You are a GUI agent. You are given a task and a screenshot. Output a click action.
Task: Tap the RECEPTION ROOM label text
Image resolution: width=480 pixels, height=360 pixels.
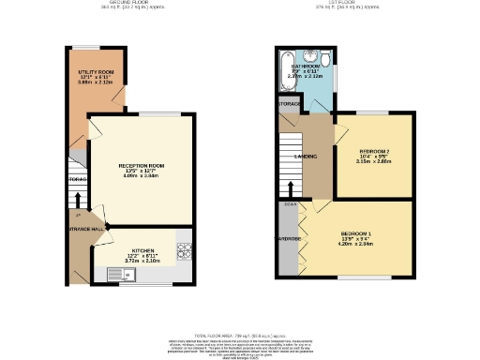point(140,166)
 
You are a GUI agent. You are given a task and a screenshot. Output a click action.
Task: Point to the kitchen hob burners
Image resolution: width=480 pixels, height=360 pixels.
point(183,249)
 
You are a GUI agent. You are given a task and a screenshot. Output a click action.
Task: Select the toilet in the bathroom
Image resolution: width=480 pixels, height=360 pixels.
point(324,62)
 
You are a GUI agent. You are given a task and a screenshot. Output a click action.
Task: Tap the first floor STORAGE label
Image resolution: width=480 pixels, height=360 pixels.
point(287,102)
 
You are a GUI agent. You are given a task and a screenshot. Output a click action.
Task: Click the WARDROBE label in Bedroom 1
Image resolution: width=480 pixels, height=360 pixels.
point(287,239)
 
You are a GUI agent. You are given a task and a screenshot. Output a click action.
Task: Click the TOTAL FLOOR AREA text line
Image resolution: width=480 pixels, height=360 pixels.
point(240,334)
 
